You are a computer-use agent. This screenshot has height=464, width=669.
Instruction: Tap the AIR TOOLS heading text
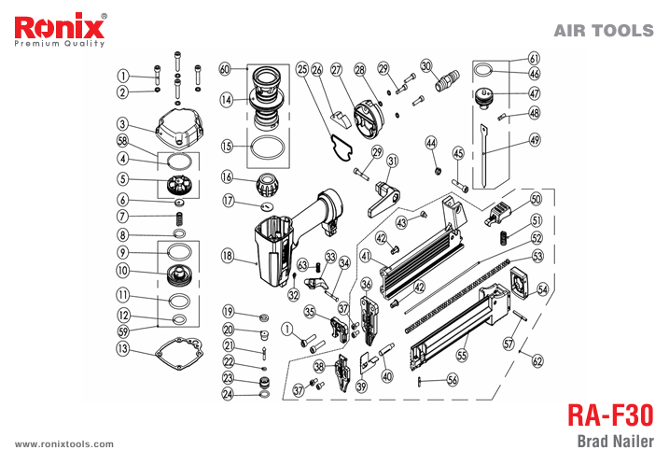click(x=603, y=31)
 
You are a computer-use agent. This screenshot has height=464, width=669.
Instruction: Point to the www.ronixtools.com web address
click(x=64, y=444)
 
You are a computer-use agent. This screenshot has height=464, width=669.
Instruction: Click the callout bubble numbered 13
click(x=122, y=350)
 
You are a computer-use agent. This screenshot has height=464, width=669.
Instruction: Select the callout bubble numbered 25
click(x=301, y=69)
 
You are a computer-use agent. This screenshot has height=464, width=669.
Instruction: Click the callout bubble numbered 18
click(x=227, y=255)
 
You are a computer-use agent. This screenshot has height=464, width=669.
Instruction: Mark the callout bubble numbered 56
click(x=452, y=380)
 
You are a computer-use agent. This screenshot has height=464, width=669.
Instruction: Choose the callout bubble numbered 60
click(x=225, y=69)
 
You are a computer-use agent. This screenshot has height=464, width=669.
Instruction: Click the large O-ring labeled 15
click(x=266, y=148)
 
